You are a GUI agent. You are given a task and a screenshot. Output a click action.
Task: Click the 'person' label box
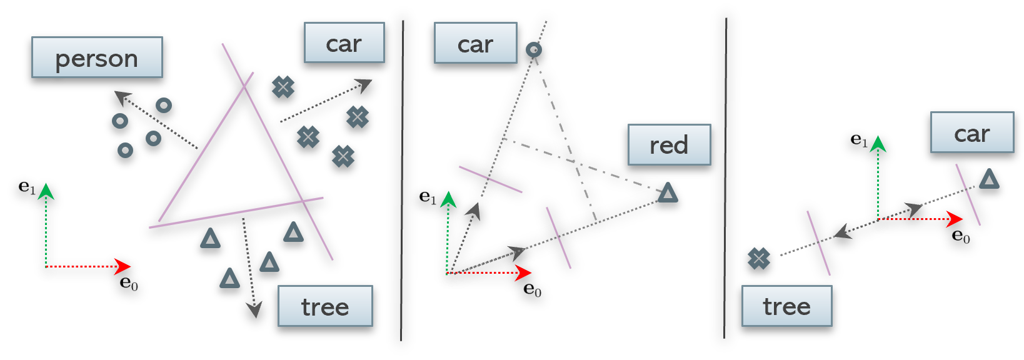coord(97,57)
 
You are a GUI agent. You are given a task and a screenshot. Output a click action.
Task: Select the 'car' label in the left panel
coord(344,43)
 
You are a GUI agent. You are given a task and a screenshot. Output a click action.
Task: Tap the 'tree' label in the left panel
coord(325,306)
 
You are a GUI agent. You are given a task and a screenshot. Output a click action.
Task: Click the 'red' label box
coord(669,145)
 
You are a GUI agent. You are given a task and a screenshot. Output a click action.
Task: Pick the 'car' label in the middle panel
coord(475,44)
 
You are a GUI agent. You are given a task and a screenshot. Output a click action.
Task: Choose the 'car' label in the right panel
coord(971,132)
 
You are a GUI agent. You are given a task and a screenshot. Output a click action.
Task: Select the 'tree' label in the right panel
coord(786,306)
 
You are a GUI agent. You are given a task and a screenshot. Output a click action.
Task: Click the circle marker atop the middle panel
coord(533,49)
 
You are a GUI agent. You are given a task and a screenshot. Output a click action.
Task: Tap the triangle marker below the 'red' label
coord(668,192)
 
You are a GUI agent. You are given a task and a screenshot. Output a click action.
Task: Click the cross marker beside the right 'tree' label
coord(758,257)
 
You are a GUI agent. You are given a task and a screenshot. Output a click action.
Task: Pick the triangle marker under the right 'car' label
coord(988,179)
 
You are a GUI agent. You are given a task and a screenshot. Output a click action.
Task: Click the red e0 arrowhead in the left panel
coord(123,267)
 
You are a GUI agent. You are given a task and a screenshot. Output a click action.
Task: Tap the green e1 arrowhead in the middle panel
coord(448,200)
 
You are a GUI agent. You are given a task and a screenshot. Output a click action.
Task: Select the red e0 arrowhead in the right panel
coord(955,219)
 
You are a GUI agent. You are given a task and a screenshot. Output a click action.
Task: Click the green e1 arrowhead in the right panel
coord(878,144)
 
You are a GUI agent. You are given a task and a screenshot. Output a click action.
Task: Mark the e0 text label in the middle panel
coord(532,289)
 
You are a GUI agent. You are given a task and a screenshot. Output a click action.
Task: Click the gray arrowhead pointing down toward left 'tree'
coord(254,309)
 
